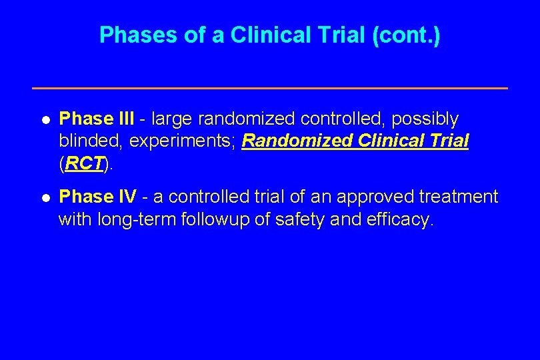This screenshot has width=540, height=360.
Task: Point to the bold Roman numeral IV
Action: [127, 197]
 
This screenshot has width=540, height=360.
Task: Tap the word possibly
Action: [425, 119]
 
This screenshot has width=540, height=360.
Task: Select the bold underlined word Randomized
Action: [291, 141]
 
